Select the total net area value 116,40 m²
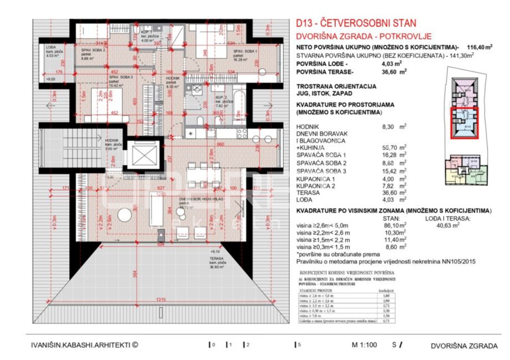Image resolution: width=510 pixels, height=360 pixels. click(x=481, y=48)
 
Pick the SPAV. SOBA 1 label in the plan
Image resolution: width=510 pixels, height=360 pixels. click(x=244, y=51)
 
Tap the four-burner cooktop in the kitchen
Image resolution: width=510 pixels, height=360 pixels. click(x=242, y=133)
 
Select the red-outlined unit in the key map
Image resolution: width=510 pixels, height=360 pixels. click(x=465, y=123)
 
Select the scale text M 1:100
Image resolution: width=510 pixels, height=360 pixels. click(x=364, y=346)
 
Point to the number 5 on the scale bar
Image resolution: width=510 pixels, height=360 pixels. click(x=299, y=345)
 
